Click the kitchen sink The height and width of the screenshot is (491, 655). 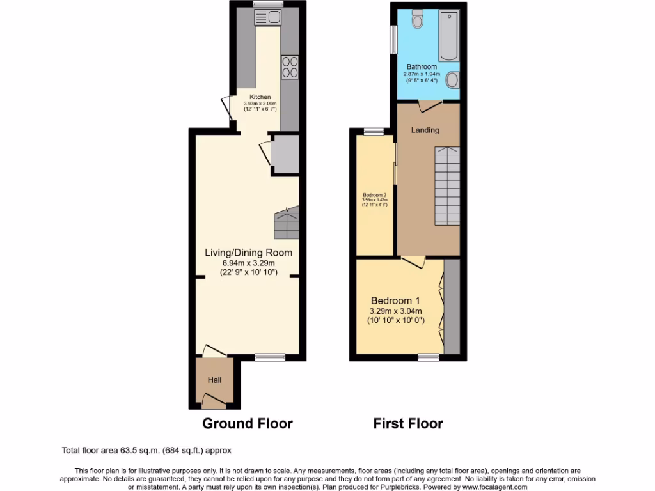269,17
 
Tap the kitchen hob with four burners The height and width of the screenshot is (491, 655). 290,67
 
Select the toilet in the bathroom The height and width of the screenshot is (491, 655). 418,20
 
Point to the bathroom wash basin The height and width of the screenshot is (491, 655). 452,80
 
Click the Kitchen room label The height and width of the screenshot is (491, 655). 260,97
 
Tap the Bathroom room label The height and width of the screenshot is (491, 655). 422,66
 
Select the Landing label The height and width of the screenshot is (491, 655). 425,130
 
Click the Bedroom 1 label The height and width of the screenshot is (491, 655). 395,300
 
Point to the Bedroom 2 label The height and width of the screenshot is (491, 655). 375,195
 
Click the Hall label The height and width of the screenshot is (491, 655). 214,380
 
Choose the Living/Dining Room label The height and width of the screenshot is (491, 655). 248,253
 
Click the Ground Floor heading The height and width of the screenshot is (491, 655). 248,423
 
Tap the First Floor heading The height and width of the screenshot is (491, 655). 408,423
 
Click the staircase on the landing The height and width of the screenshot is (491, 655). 447,185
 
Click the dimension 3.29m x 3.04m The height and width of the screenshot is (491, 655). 396,311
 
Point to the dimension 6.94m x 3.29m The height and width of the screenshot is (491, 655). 248,263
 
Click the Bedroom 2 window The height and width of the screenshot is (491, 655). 374,131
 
